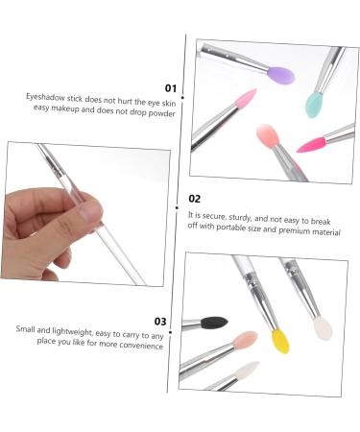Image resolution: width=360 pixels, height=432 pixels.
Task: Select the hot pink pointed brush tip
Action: pyautogui.click(x=314, y=144)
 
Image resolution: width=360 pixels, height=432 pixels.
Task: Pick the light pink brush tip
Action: pyautogui.click(x=242, y=102)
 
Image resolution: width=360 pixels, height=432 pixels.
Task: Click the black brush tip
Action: pyautogui.click(x=216, y=324)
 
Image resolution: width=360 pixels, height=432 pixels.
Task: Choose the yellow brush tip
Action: pyautogui.click(x=279, y=341)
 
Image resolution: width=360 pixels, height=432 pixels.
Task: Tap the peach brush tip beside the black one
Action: pyautogui.click(x=247, y=342)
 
